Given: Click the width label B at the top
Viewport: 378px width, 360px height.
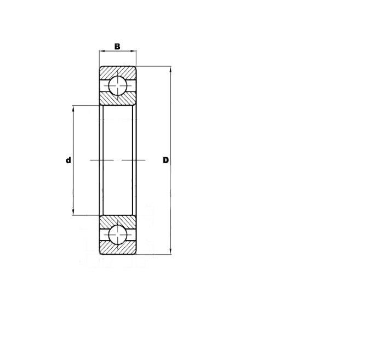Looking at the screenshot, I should [x=117, y=46].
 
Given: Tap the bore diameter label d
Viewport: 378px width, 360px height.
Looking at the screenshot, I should [x=68, y=161].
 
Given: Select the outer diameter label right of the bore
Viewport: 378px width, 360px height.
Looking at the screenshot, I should [x=165, y=161].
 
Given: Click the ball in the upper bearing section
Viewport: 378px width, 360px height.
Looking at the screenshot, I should [x=117, y=87].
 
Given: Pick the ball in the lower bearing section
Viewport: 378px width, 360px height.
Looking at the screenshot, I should [x=117, y=235].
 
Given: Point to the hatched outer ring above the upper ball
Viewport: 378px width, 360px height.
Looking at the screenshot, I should [x=117, y=72].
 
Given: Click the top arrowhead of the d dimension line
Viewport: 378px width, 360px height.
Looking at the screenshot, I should [x=73, y=107].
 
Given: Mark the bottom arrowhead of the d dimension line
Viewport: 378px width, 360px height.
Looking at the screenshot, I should [x=73, y=213].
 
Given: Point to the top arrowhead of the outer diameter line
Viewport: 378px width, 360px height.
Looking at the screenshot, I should [x=171, y=70].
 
